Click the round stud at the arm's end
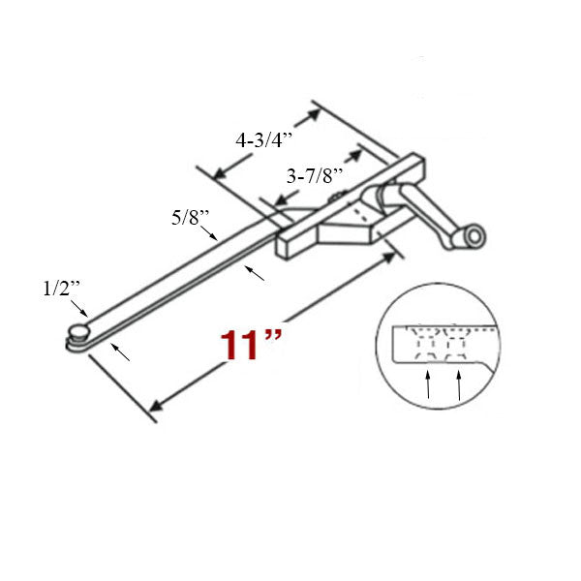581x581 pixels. [76, 334]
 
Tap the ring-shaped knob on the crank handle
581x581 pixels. [474, 237]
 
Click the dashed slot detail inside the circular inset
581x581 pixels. [441, 343]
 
